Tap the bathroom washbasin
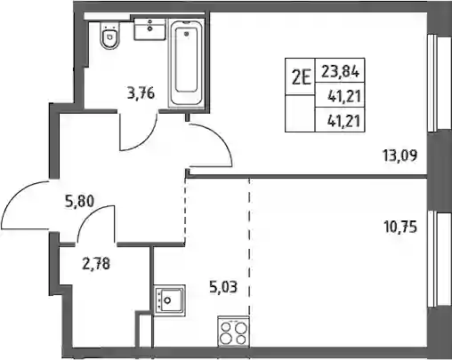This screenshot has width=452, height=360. coord(149,28)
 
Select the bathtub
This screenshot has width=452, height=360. coord(186,62)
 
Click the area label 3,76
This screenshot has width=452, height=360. coord(141,94)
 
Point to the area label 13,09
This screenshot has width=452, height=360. coord(400,156)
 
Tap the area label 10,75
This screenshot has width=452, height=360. coord(400,228)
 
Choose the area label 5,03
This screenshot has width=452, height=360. coord(223,287)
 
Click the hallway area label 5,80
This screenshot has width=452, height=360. coord(79,202)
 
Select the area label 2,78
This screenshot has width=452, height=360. coord(96,264)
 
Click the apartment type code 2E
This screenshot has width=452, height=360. coord(301,76)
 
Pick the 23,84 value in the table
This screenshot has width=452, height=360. coord(341,72)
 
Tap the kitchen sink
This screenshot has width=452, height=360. coord(170,300)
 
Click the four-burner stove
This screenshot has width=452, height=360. coord(233,332)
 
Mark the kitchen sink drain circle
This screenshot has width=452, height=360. coord(167,300)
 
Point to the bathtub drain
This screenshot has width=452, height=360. coord(187,34)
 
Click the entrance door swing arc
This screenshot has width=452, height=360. coord(15,195)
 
